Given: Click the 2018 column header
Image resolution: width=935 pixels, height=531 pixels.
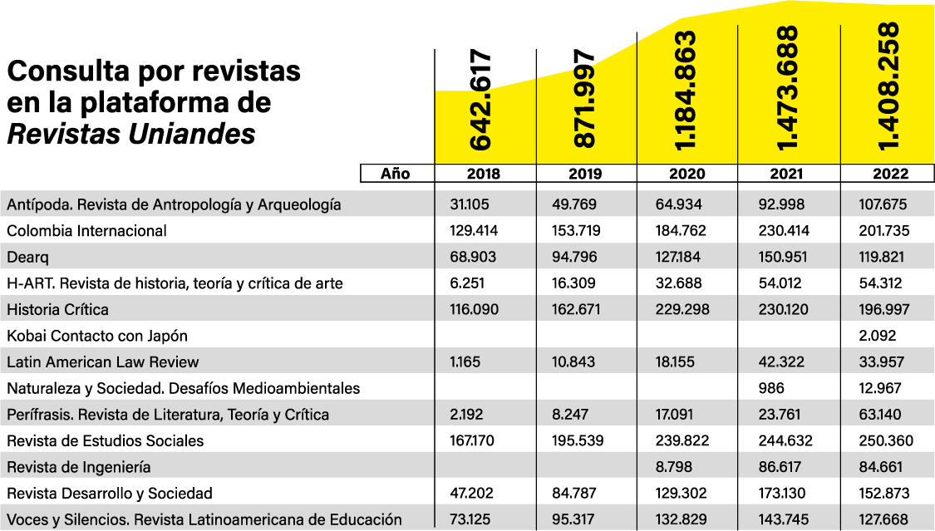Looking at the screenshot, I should pyautogui.click(x=485, y=174).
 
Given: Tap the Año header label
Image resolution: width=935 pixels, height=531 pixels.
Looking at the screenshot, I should pyautogui.click(x=396, y=174).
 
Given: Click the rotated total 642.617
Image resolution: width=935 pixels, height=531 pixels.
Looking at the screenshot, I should pyautogui.click(x=484, y=101).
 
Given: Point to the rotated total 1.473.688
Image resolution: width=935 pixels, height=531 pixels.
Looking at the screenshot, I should pyautogui.click(x=789, y=89).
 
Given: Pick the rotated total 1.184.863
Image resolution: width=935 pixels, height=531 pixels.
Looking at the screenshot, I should pyautogui.click(x=687, y=91).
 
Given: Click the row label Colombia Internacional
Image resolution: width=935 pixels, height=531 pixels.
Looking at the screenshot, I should pyautogui.click(x=87, y=231).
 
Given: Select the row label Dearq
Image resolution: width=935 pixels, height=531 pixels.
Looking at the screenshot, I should pyautogui.click(x=27, y=257).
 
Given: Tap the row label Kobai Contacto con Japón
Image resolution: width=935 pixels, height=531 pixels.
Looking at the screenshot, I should pyautogui.click(x=97, y=336).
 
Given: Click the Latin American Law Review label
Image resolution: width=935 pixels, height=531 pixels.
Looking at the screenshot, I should pyautogui.click(x=103, y=362).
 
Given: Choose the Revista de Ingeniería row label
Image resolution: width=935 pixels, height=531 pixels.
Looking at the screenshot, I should pyautogui.click(x=79, y=468).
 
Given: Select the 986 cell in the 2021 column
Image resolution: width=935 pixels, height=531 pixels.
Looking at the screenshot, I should pyautogui.click(x=771, y=388).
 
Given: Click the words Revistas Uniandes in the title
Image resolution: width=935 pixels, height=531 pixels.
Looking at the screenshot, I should pyautogui.click(x=131, y=134).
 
